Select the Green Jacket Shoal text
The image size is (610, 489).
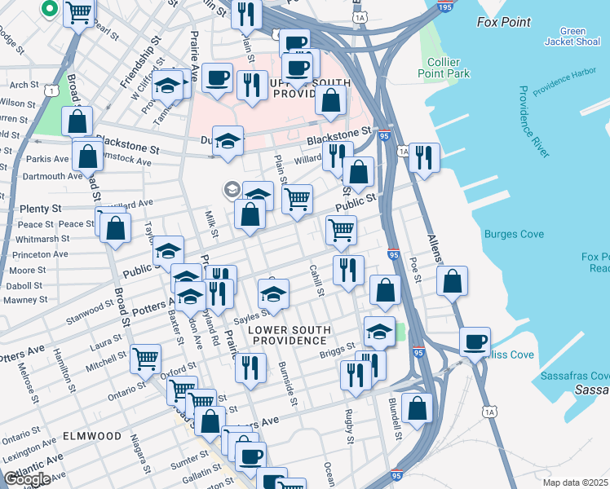572,37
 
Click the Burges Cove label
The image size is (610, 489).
513,235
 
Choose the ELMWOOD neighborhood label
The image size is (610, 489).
92,436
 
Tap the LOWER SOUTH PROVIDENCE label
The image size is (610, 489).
290,335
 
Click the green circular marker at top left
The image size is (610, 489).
48,9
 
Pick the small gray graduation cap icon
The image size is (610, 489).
232,190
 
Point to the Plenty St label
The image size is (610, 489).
40,209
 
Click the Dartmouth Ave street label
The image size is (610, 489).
55,175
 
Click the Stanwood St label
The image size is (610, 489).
91,310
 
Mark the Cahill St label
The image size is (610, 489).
316,280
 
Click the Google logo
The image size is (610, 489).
27,479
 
